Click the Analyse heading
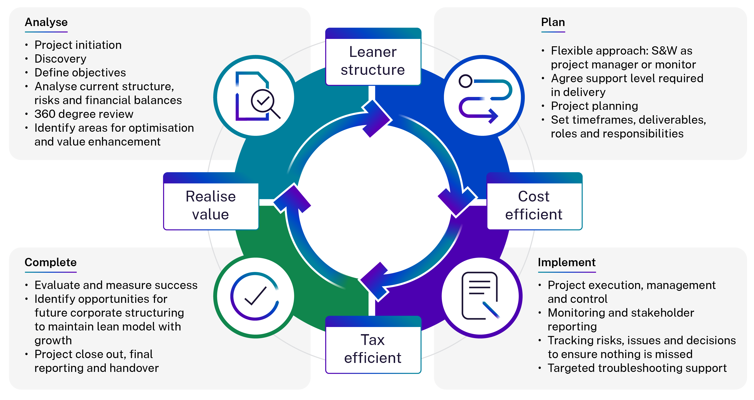point(46,23)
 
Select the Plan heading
point(553,23)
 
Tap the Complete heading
point(51,263)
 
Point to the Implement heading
point(567,263)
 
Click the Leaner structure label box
point(373,61)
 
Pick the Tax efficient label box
point(373,349)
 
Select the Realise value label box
point(211,205)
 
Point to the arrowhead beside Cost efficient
point(457,202)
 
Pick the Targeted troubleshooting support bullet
point(637,368)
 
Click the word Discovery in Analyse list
point(60,59)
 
